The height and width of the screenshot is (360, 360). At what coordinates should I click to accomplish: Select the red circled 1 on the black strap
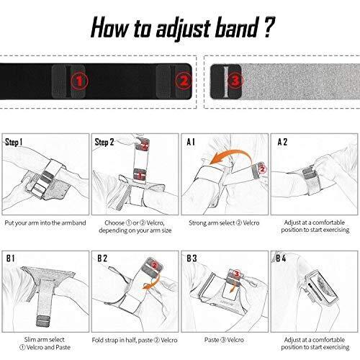tap(79, 81)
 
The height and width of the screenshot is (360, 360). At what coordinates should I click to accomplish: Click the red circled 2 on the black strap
tap(184, 81)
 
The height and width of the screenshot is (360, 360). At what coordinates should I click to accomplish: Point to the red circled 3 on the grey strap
tap(235, 80)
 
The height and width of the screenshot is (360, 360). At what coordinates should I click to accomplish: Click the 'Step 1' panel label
tap(14, 142)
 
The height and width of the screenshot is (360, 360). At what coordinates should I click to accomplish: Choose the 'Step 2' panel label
tap(104, 142)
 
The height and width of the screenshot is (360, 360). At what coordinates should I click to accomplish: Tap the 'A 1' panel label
tap(191, 142)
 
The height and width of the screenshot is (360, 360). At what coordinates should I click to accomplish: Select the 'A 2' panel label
tap(282, 142)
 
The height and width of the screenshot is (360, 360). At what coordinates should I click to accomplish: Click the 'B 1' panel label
tap(11, 258)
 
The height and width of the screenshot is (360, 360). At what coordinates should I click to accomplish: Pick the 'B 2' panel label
tap(102, 258)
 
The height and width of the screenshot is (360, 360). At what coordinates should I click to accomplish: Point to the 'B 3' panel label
tap(192, 258)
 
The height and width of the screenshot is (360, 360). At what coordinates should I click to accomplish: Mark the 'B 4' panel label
tap(281, 258)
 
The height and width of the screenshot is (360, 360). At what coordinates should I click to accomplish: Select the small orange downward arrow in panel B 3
tap(233, 288)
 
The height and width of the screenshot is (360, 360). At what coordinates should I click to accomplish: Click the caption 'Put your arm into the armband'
tap(45, 223)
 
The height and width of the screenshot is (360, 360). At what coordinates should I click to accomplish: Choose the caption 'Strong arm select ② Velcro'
tap(224, 223)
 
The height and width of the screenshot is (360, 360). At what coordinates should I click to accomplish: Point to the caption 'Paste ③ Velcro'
tap(224, 340)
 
